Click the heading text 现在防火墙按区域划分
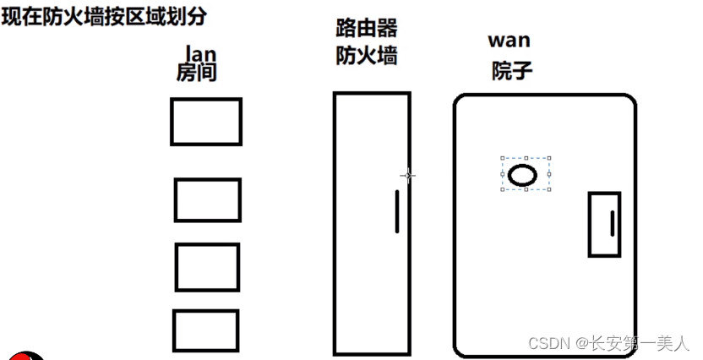click(x=104, y=16)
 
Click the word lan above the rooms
click(x=197, y=55)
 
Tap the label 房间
click(x=197, y=74)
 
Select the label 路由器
click(x=367, y=29)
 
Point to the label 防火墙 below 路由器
click(x=367, y=56)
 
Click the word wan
click(x=510, y=40)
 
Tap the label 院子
click(x=512, y=70)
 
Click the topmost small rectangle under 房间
click(x=206, y=122)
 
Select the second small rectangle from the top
click(x=208, y=200)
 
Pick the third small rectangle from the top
click(x=207, y=266)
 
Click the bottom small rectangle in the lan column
click(x=206, y=330)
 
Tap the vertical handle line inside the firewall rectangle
click(x=397, y=211)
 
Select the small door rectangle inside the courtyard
click(x=604, y=224)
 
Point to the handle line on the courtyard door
click(x=612, y=224)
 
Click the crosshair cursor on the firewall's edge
click(x=408, y=176)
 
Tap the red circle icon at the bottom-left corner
click(x=27, y=355)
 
